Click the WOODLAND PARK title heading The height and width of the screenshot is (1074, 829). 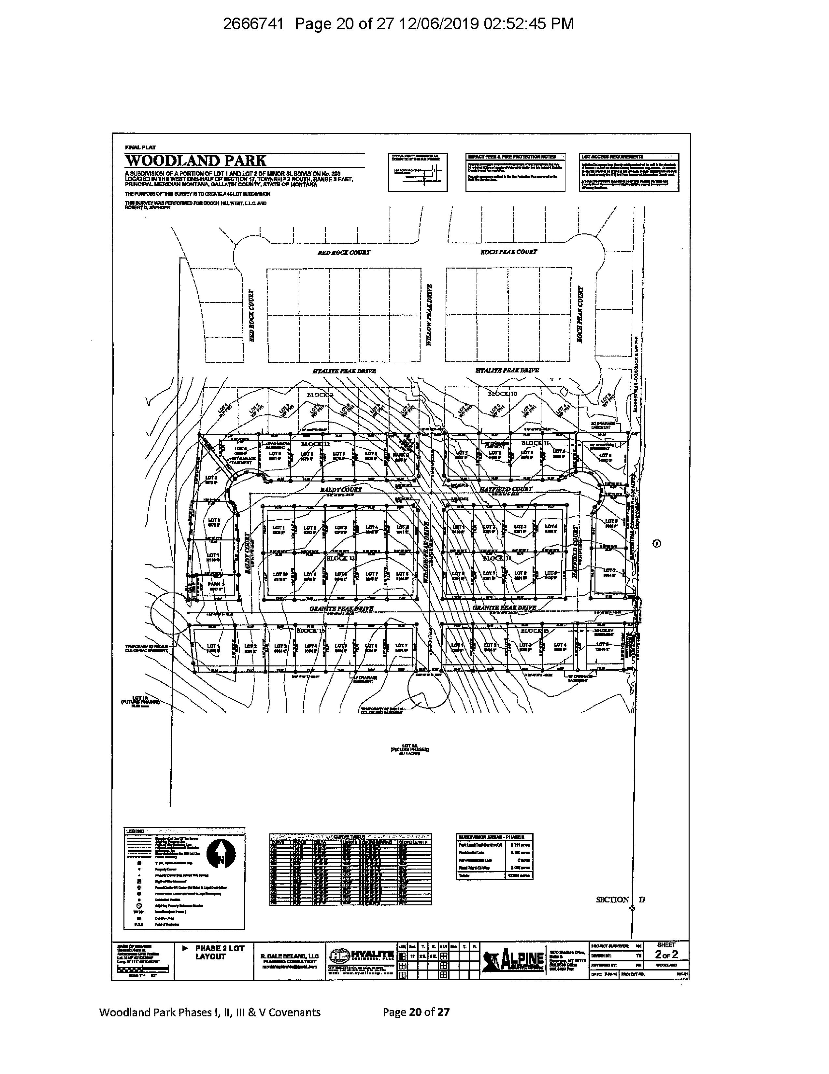click(195, 161)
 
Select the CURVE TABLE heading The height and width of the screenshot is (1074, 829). click(350, 837)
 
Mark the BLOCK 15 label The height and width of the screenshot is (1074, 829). click(534, 631)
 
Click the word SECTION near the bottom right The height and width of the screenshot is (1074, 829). click(612, 900)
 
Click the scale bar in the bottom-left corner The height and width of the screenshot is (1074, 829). click(133, 970)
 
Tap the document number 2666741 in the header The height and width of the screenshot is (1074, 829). click(253, 24)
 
